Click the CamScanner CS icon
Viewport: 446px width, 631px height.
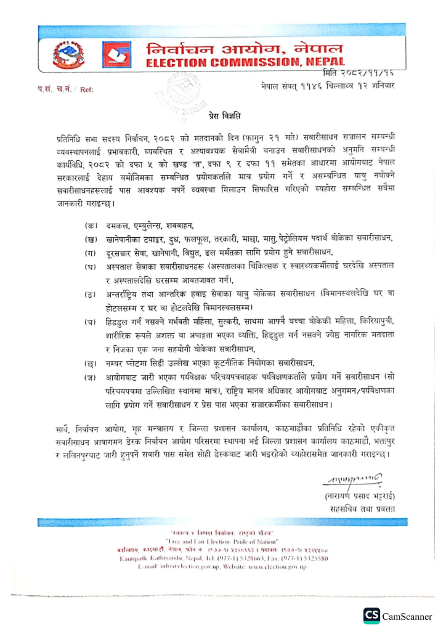coord(371,616)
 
